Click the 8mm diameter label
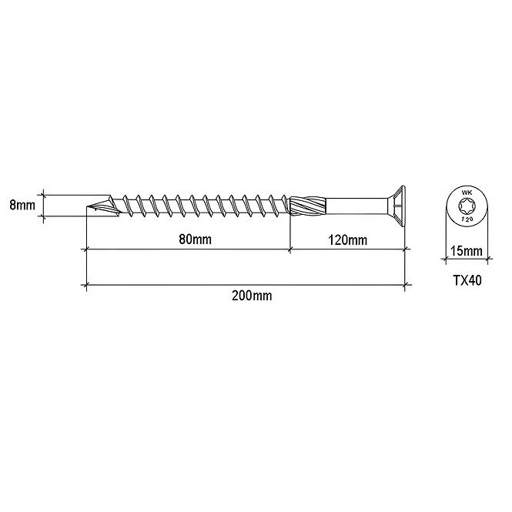[x=22, y=206]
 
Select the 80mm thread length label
[x=195, y=239]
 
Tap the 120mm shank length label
[x=347, y=240]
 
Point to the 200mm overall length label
[x=252, y=296]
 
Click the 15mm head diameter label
[x=467, y=251]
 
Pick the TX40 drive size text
[x=467, y=280]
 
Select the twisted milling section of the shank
[x=308, y=206]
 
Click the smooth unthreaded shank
[x=355, y=206]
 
